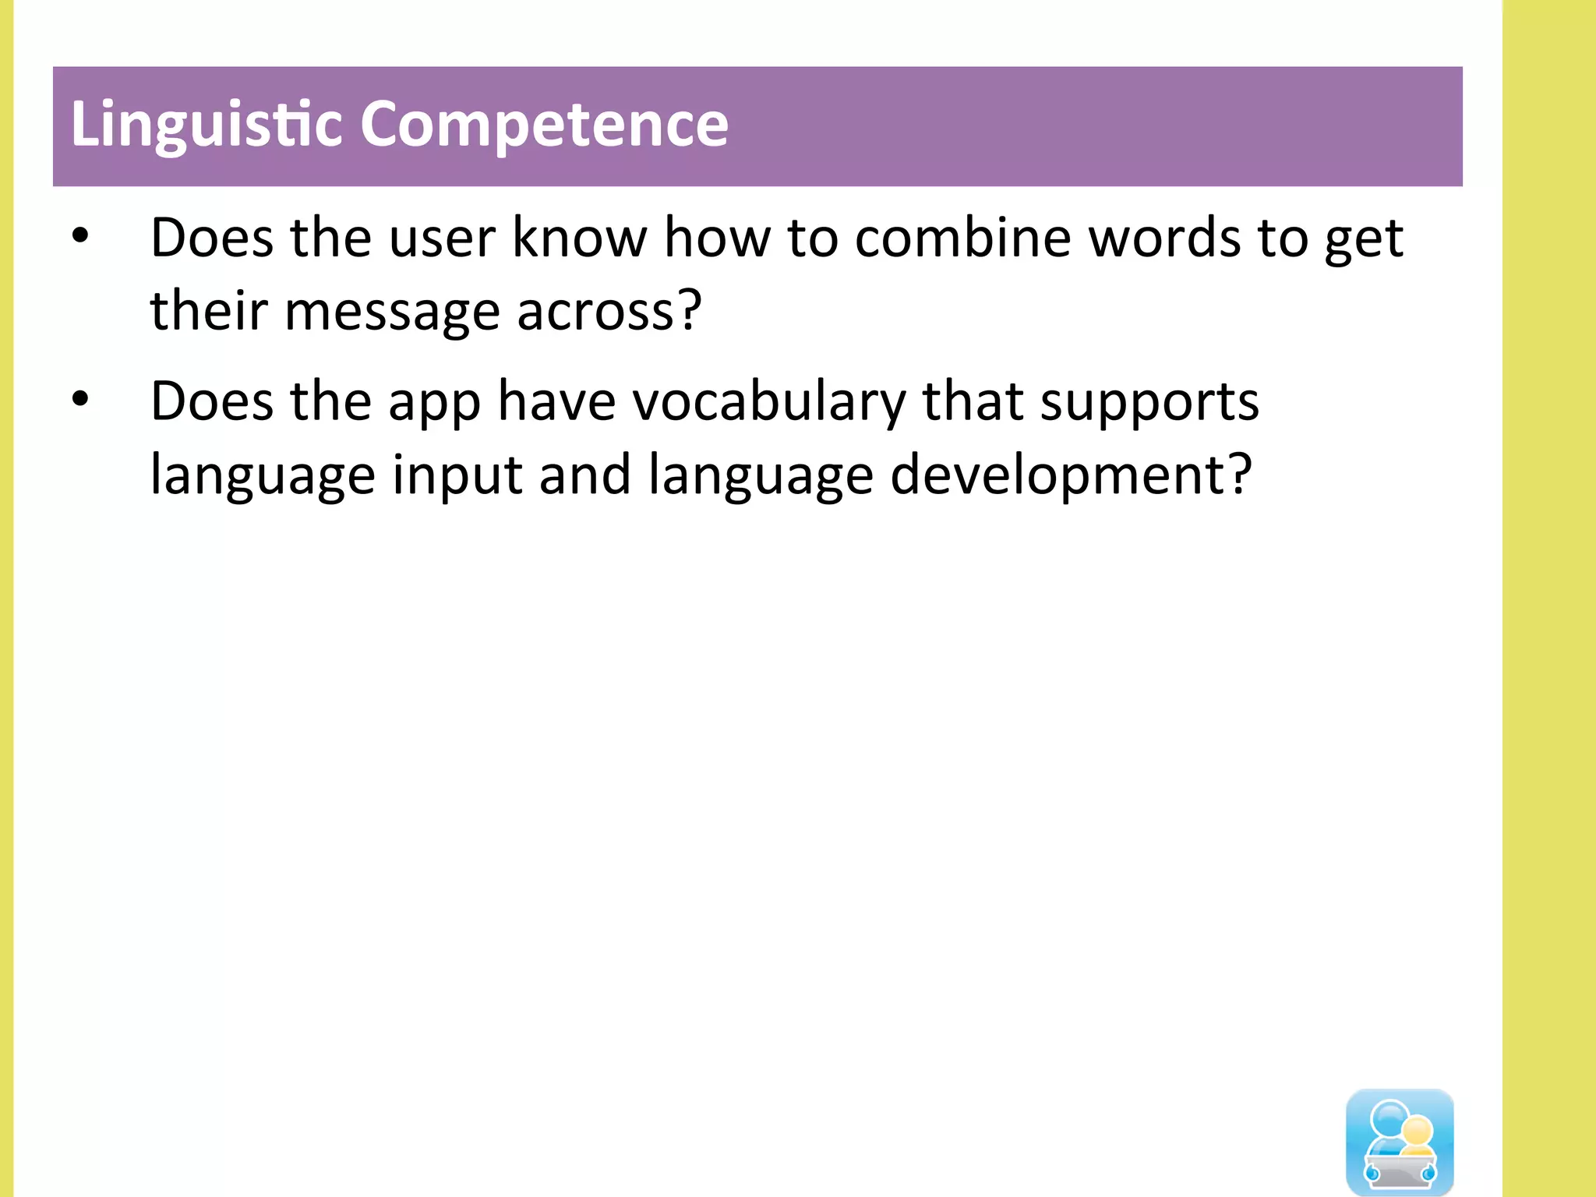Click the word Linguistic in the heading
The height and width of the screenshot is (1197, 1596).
(x=207, y=125)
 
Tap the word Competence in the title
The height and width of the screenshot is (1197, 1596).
(x=544, y=125)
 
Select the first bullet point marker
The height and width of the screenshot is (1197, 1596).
(x=80, y=235)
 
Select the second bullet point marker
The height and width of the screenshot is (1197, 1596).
(x=80, y=399)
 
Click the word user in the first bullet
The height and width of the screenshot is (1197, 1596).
(x=442, y=238)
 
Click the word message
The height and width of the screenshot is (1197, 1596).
(x=392, y=312)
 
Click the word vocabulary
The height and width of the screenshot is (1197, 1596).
(x=768, y=402)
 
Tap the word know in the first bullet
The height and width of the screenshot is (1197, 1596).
(x=579, y=238)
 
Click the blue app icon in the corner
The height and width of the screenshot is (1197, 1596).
(x=1400, y=1141)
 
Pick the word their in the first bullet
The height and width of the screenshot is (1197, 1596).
(x=209, y=310)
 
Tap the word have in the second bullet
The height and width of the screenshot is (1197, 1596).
(x=556, y=402)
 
